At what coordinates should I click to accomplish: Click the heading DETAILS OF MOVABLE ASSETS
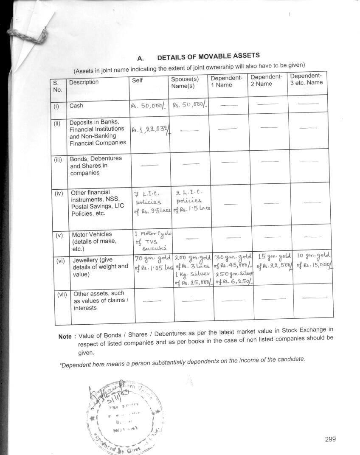[208, 56]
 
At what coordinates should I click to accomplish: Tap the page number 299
[330, 439]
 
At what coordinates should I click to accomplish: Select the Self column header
[137, 81]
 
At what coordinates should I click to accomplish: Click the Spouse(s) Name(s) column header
[185, 82]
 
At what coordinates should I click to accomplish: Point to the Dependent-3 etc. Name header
[306, 79]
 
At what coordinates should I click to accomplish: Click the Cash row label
[76, 106]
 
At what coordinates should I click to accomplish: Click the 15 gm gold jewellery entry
[273, 261]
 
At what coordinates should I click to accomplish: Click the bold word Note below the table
[65, 337]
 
